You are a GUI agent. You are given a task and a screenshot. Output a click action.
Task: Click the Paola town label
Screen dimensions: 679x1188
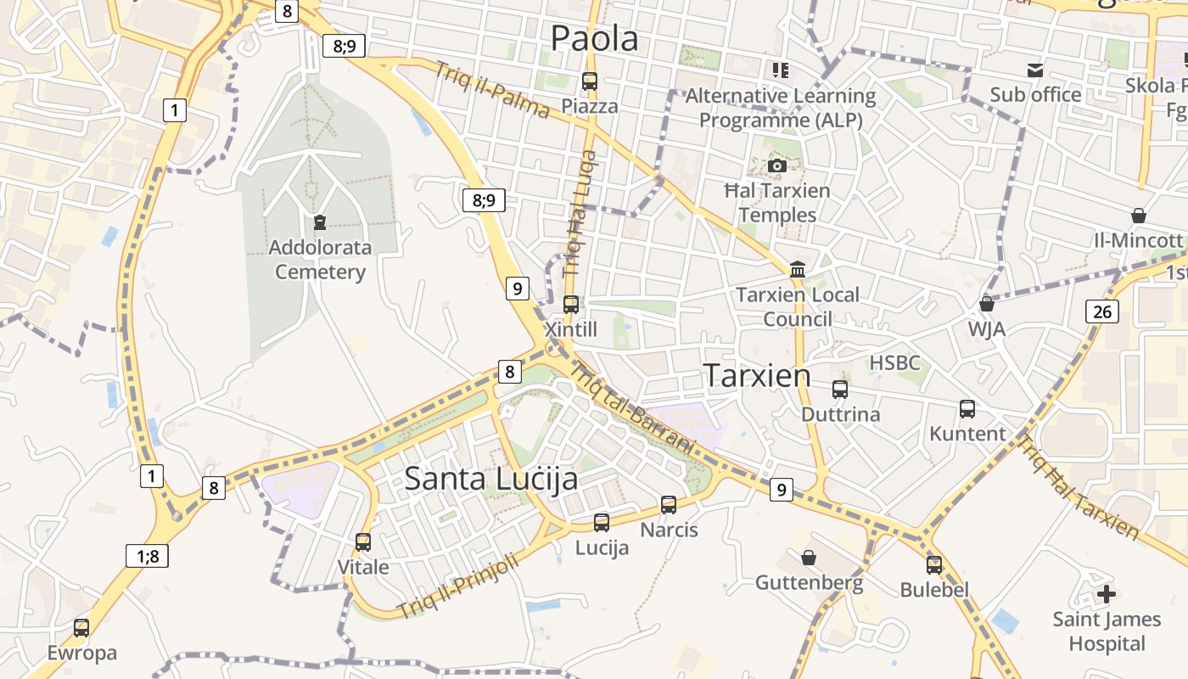click(x=594, y=38)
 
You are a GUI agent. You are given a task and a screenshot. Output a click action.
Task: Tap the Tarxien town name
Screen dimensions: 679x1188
click(x=758, y=375)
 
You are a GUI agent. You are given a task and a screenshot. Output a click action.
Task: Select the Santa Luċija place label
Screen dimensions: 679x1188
click(x=490, y=478)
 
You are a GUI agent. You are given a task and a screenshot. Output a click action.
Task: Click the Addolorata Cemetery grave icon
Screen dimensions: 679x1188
click(x=320, y=222)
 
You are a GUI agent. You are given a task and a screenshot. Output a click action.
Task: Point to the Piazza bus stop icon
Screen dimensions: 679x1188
click(x=590, y=81)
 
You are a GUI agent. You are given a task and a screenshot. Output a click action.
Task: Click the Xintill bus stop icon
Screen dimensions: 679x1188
click(x=571, y=304)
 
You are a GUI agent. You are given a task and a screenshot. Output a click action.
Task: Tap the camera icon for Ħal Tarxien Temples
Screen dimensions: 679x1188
click(x=776, y=166)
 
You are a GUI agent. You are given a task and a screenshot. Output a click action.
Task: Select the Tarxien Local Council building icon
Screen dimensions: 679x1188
click(x=798, y=270)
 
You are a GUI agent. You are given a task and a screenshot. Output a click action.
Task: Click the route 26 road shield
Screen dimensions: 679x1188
click(x=1101, y=311)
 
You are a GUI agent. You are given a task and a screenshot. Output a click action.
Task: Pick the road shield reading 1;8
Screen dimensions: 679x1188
click(x=147, y=556)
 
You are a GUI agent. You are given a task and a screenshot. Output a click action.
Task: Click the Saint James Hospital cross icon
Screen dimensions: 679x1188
click(x=1107, y=594)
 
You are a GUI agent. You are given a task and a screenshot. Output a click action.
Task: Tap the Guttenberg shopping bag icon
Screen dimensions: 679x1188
click(x=809, y=558)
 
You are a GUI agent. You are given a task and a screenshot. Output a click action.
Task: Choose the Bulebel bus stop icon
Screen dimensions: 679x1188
click(x=934, y=564)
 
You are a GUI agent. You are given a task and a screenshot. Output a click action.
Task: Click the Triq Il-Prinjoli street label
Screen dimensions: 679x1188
click(x=458, y=586)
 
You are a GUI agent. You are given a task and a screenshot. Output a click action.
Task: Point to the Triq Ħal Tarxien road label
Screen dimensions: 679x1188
click(x=1078, y=487)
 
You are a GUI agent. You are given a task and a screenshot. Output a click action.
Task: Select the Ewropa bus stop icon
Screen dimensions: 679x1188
click(x=81, y=628)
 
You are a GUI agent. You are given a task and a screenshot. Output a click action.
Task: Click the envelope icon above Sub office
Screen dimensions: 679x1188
click(x=1035, y=70)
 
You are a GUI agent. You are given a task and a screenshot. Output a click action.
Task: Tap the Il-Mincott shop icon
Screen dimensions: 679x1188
click(x=1138, y=216)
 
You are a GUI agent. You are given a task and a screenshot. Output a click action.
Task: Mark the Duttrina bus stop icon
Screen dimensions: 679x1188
click(x=840, y=390)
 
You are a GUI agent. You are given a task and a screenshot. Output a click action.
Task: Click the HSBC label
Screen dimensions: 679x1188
click(x=894, y=363)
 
